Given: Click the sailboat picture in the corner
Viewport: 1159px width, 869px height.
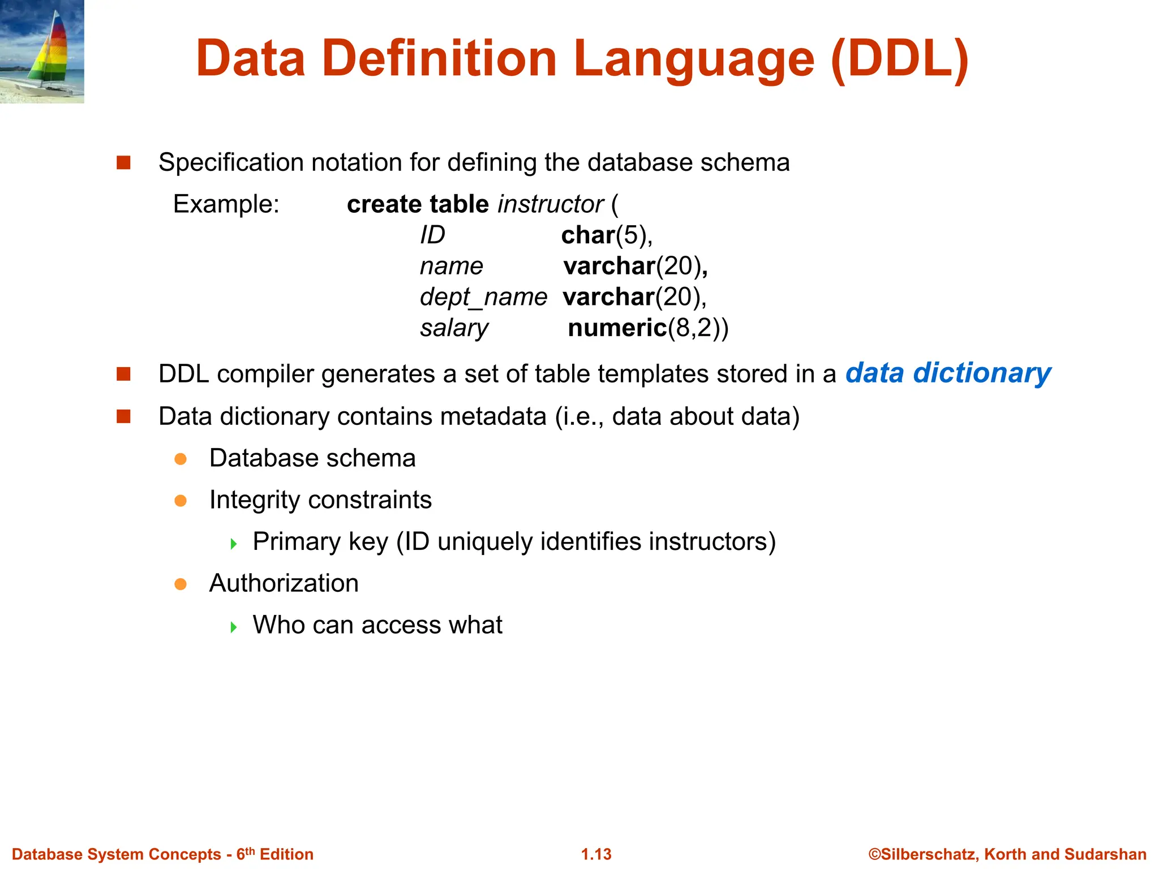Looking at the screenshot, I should click(x=42, y=51).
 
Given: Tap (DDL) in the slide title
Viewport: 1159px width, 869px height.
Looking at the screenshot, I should click(x=900, y=59).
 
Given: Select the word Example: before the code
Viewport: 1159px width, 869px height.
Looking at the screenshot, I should click(x=226, y=204).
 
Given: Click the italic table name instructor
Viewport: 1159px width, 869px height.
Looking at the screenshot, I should click(x=551, y=204).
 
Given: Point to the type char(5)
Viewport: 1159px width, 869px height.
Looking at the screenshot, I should click(x=606, y=235).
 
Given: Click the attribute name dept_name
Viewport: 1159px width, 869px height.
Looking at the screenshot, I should click(x=483, y=297).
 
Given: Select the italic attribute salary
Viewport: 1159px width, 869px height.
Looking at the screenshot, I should click(x=454, y=328).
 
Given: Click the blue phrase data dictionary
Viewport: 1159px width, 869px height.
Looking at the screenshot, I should click(x=948, y=373).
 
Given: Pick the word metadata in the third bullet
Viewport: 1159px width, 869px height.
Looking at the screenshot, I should click(x=493, y=416).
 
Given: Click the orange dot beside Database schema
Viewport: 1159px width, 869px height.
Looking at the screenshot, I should click(x=181, y=459).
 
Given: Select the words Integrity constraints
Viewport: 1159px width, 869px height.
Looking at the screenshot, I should click(x=320, y=500).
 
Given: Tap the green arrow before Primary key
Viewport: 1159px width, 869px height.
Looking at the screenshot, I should click(x=234, y=544).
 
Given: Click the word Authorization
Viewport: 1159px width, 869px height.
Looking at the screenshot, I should click(x=284, y=583).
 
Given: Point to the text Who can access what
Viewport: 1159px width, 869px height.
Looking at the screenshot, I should click(x=377, y=625).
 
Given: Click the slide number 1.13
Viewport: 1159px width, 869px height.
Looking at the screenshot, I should click(x=596, y=854).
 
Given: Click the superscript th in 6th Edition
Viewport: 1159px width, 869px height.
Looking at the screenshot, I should click(x=250, y=851).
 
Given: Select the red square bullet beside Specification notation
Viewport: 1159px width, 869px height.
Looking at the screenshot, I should click(x=123, y=163).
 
